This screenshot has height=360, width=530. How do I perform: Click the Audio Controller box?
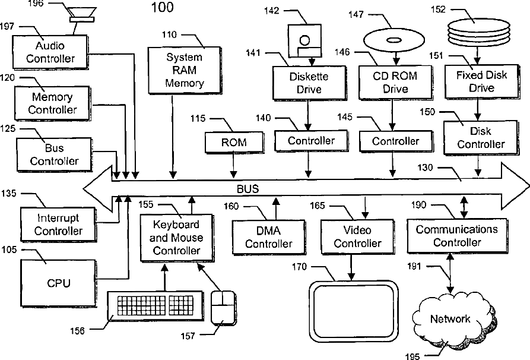tap(50, 52)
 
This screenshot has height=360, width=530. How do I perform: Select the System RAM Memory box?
tap(185, 70)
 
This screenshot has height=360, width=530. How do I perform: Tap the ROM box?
tap(234, 142)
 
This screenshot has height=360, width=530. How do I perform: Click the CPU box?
tap(59, 283)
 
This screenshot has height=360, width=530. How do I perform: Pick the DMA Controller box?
tap(269, 237)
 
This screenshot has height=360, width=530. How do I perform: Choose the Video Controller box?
tap(358, 237)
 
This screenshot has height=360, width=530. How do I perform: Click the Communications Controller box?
tap(458, 236)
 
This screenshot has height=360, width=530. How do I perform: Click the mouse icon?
tap(223, 308)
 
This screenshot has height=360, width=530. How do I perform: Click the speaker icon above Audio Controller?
tap(82, 15)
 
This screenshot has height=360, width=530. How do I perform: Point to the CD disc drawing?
tap(394, 40)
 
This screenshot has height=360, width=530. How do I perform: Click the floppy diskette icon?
tap(304, 40)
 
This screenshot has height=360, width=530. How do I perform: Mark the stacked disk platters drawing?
tap(478, 33)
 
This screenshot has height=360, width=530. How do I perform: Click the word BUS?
tap(247, 189)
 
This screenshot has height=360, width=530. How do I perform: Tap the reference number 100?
tap(162, 8)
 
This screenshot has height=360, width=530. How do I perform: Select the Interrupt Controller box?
tap(59, 225)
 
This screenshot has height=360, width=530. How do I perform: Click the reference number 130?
tap(425, 168)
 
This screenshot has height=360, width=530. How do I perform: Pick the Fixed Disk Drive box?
tap(482, 81)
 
